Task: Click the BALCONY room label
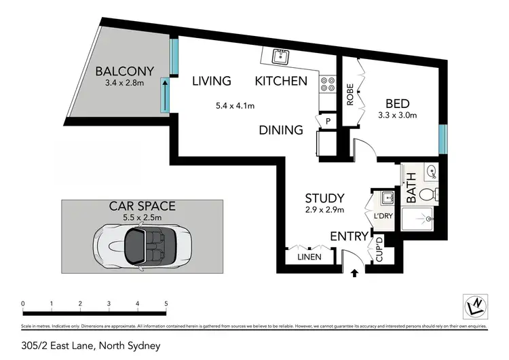pyautogui.click(x=125, y=71)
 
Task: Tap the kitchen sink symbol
pyautogui.click(x=278, y=56)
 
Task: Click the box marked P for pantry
pyautogui.click(x=328, y=121)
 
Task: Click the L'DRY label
pyautogui.click(x=383, y=217)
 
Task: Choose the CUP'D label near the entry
pyautogui.click(x=379, y=251)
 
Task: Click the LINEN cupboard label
pyautogui.click(x=309, y=257)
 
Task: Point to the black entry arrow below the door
pyautogui.click(x=354, y=274)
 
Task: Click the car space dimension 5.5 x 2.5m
pyautogui.click(x=143, y=217)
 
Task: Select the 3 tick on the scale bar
pyautogui.click(x=109, y=304)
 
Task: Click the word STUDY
pyautogui.click(x=324, y=198)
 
